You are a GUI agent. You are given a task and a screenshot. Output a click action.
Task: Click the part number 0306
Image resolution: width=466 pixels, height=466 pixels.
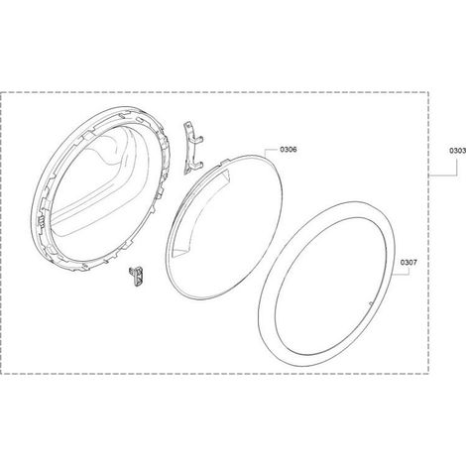(x=289, y=150)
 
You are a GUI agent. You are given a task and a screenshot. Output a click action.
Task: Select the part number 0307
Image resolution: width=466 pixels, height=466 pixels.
(x=408, y=263)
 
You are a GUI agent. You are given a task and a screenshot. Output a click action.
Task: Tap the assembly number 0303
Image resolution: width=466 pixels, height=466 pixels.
(x=457, y=151)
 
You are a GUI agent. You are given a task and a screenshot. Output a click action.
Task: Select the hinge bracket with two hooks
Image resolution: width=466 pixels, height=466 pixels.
(x=192, y=148)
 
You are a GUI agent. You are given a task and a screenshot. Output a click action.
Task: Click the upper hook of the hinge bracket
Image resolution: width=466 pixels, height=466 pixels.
(x=199, y=140)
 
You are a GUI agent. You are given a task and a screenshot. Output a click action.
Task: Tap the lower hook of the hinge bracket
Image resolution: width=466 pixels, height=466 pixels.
(x=198, y=164)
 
